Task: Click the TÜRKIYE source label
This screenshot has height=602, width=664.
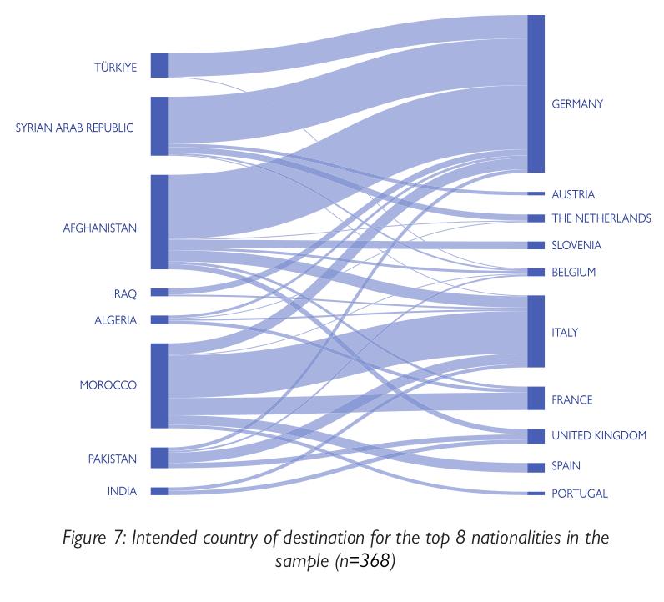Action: tap(115, 67)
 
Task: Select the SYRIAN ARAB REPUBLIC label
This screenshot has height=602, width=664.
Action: tap(75, 128)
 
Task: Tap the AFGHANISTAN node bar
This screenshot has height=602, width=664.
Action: tap(159, 222)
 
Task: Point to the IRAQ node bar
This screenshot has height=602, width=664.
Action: tap(159, 293)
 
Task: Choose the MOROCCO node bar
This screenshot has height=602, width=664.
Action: tap(159, 385)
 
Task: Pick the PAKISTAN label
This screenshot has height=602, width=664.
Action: tap(113, 459)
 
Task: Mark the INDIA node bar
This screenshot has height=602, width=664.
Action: tap(159, 491)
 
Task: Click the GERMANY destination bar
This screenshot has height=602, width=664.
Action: tap(536, 93)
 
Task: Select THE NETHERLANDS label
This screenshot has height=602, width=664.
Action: tap(601, 218)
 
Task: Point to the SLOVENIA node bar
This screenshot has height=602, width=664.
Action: tap(536, 246)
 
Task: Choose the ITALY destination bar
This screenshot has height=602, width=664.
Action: tap(536, 331)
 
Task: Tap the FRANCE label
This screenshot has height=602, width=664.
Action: tap(572, 400)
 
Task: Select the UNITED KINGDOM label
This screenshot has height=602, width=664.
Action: tap(599, 435)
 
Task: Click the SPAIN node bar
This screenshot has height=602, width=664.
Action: tap(536, 467)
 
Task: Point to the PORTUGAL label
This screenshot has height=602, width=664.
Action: tap(580, 494)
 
